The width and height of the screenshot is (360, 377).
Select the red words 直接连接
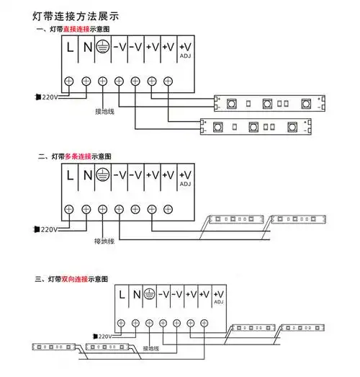pyautogui.click(x=77, y=29)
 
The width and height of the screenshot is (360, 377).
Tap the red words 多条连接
pyautogui.click(x=77, y=156)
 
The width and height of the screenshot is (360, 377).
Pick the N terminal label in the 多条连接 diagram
pyautogui.click(x=86, y=174)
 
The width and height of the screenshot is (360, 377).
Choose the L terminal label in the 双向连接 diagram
pyautogui.click(x=122, y=294)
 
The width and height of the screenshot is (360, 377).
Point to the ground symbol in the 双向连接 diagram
pyautogui.click(x=149, y=294)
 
